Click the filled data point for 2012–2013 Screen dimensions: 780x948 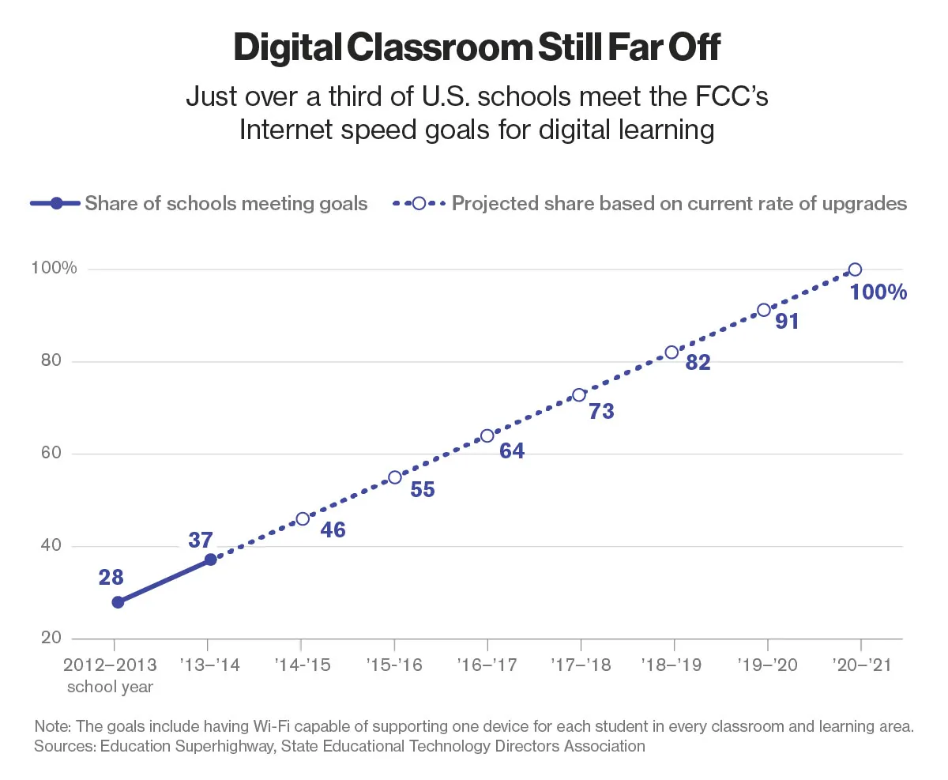tap(118, 602)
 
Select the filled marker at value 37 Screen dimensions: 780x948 tap(210, 560)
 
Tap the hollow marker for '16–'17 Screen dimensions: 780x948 tap(487, 436)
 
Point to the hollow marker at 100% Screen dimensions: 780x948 tap(855, 269)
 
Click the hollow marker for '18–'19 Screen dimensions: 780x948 tap(671, 352)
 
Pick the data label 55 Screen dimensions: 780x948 tap(423, 490)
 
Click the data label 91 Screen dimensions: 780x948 tap(788, 322)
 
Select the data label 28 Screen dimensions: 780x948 tap(111, 578)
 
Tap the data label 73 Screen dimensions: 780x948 tap(602, 412)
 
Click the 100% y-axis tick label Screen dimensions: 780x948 tap(54, 269)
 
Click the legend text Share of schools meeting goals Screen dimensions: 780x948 tap(226, 204)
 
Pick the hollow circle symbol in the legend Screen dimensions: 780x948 tap(419, 204)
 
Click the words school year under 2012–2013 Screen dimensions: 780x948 tap(111, 686)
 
